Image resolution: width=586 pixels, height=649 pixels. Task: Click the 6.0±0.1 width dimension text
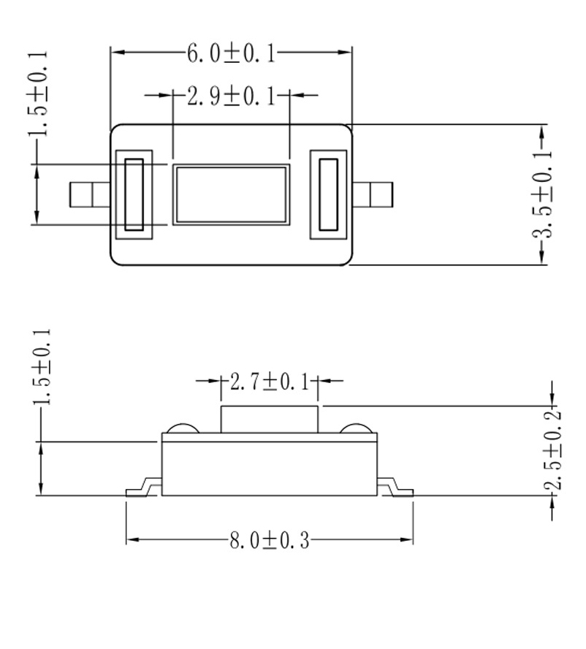[x=231, y=53]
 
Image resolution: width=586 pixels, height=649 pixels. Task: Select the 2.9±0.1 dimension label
[x=231, y=96]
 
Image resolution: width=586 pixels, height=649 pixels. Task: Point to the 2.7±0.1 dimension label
[x=270, y=382]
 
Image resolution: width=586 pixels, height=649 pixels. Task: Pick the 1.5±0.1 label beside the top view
[x=38, y=94]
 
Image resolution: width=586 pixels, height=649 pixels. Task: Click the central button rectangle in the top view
[x=231, y=194]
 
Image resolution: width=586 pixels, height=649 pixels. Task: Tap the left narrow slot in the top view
[x=134, y=194]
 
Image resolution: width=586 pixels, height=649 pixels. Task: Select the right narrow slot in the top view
[x=328, y=194]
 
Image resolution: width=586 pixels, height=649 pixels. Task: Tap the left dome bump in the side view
[x=180, y=429]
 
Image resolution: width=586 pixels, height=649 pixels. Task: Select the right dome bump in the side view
[x=357, y=429]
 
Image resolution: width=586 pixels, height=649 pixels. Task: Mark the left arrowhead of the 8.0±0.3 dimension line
[x=132, y=541]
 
